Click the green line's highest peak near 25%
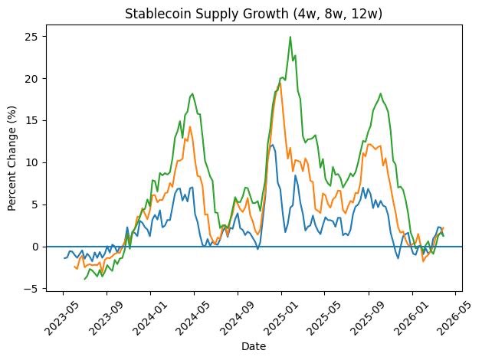290,37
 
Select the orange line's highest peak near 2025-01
280,82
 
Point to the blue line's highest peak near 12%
273,145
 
